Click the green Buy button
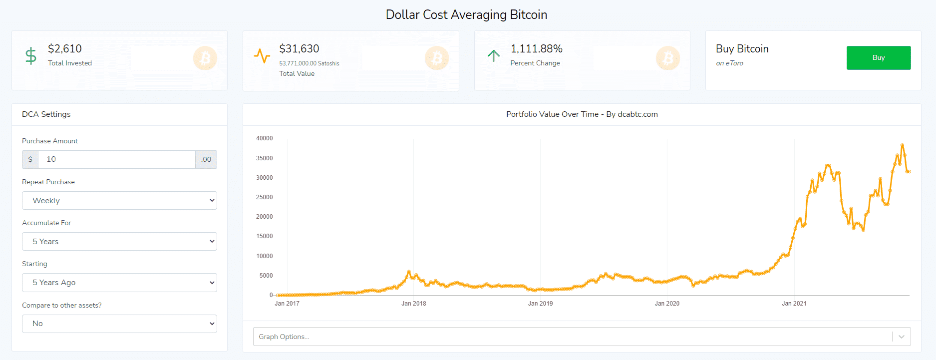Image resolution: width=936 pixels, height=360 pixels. pos(878,58)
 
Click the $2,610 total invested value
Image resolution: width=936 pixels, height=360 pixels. pos(65,49)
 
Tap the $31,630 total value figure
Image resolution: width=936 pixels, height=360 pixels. pos(299,49)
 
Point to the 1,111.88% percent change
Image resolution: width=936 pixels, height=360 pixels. pos(536,49)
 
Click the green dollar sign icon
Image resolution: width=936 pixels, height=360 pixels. pos(31,56)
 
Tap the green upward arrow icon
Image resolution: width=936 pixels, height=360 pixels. pos(493,56)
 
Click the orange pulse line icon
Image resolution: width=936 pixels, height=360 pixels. pos(262,56)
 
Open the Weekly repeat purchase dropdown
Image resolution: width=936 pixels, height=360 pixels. pos(119,201)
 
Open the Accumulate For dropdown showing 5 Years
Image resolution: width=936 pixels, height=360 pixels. pos(119,242)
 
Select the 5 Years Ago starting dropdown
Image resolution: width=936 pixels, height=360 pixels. pos(119,283)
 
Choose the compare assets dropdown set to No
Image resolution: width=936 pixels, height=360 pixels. pos(119,324)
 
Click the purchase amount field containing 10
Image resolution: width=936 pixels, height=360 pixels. pos(116,160)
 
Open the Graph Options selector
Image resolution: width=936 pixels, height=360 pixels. pos(582,337)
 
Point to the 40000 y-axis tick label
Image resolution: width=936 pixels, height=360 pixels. pos(265,138)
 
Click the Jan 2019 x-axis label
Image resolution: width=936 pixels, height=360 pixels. pos(540,304)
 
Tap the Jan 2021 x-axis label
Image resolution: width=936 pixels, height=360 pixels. pos(794,304)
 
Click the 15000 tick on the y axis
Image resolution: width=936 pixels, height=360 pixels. pos(265,236)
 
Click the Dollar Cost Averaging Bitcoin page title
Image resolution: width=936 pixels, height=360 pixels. pos(466,15)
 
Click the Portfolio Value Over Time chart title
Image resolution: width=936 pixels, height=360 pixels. pos(582,114)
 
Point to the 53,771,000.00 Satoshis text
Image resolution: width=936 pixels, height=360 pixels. pos(309,63)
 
